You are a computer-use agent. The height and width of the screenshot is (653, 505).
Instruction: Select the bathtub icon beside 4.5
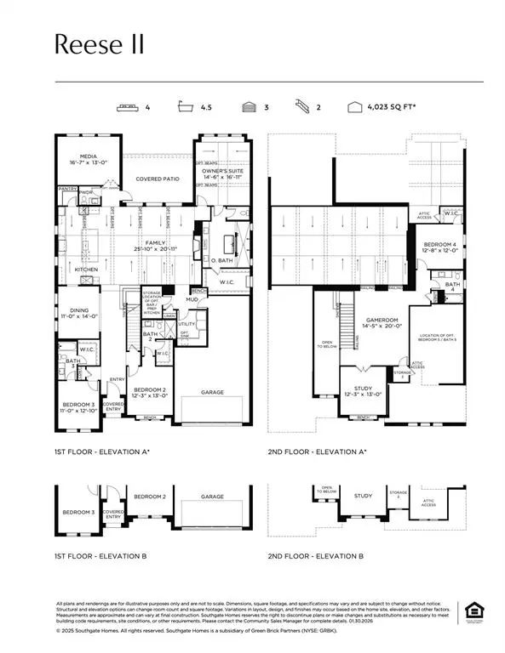185,108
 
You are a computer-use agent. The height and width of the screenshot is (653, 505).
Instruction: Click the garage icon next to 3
248,108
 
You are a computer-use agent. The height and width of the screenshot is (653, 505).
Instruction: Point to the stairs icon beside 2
304,108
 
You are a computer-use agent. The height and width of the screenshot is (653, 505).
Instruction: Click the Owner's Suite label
221,175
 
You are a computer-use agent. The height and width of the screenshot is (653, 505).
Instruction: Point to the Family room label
159,245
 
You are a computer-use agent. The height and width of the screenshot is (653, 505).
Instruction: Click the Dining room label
76,313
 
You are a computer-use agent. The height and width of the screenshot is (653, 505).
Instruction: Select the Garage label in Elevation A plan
212,393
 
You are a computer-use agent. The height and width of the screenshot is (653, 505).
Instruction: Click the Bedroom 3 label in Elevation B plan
78,513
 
